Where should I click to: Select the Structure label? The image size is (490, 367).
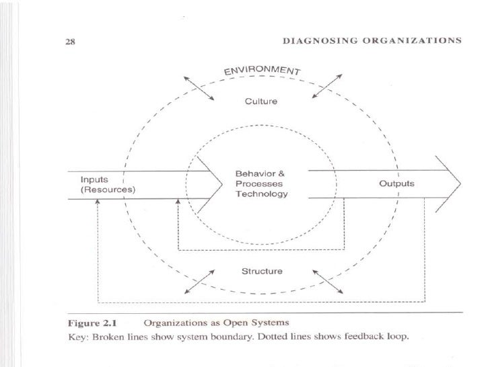coord(262,272)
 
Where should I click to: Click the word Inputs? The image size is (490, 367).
coord(95,179)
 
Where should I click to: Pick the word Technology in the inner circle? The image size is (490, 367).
coord(262,194)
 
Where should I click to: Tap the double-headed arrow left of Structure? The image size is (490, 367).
coord(199,282)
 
